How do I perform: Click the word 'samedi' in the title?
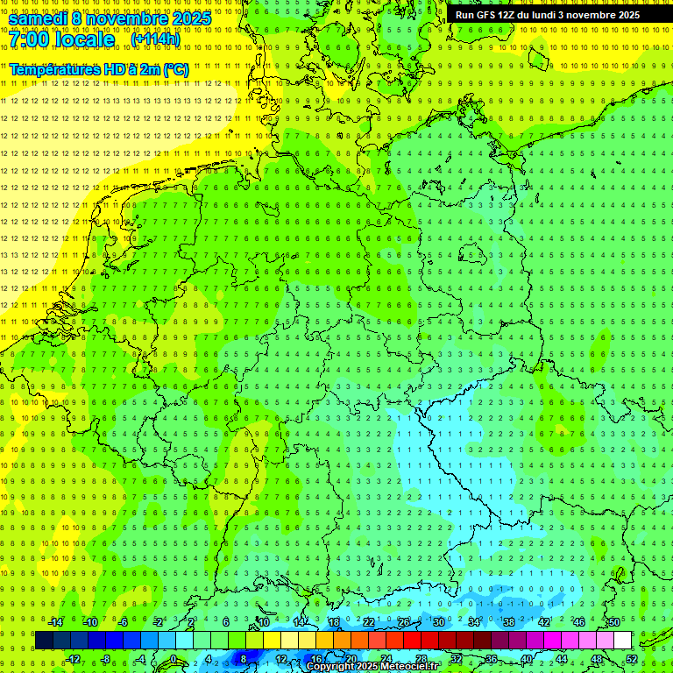(x=39, y=18)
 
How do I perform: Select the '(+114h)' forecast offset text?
(x=155, y=39)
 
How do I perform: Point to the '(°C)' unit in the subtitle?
(x=175, y=69)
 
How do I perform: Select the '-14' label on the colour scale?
(x=55, y=622)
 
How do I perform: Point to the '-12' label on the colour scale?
(x=73, y=659)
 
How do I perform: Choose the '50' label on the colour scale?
(x=613, y=622)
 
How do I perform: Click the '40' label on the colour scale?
(x=527, y=659)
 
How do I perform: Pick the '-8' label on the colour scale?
(x=106, y=659)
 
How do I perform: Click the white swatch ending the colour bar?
(x=623, y=641)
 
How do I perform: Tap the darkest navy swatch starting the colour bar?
(x=44, y=641)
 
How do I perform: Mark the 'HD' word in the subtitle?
(x=117, y=69)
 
